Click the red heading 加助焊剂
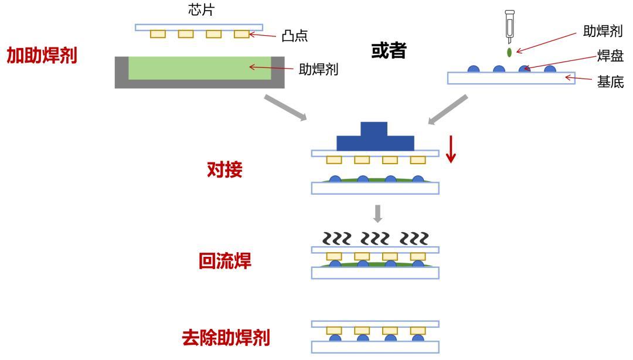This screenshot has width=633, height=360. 42,56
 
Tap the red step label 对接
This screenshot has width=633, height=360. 224,170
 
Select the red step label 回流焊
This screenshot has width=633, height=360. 224,261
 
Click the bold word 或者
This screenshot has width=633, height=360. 389,51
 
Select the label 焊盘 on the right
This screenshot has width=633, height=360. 610,56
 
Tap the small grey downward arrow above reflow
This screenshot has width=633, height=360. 378,213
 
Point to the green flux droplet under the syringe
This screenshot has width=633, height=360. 509,52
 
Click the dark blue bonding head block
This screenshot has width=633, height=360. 375,137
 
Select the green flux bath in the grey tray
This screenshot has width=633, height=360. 199,68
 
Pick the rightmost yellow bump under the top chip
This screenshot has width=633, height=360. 241,34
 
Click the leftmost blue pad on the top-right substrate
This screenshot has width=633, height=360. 474,69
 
